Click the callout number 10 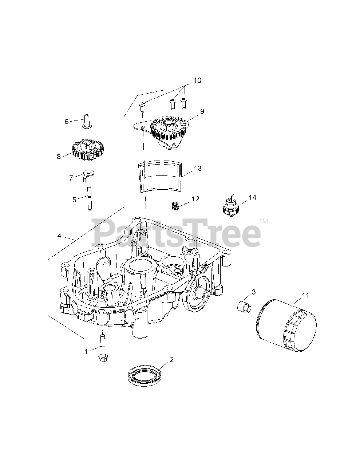[x=198, y=80]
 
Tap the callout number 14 [x=252, y=197]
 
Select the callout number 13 [x=198, y=168]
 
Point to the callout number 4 [x=59, y=236]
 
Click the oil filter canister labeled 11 [x=286, y=325]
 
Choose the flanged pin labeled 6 [x=87, y=122]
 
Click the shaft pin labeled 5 [x=90, y=198]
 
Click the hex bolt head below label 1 [x=103, y=359]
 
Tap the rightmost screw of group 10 [x=183, y=103]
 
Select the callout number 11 [x=305, y=295]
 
